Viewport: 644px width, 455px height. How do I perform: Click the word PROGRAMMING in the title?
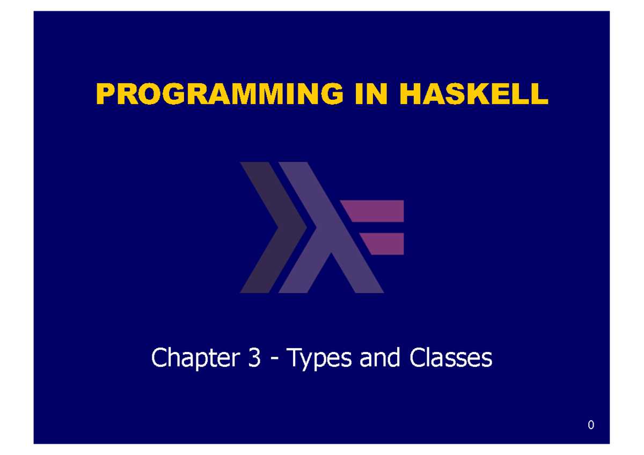pos(218,95)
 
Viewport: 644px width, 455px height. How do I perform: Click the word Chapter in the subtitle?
pos(194,358)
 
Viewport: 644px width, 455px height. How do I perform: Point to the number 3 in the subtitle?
pos(255,358)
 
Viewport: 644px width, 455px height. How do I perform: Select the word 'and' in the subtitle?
pos(380,358)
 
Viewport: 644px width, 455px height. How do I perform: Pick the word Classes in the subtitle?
pos(450,358)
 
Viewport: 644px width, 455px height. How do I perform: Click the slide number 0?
pos(591,425)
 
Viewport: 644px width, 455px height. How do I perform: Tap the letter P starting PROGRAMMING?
pos(105,95)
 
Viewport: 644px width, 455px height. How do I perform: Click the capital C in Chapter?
pos(159,358)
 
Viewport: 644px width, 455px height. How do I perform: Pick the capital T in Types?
pos(295,358)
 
